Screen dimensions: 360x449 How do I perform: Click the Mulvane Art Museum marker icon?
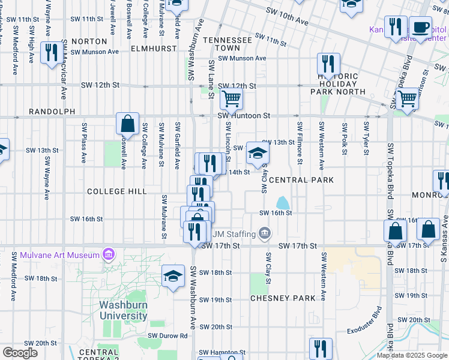[x=109, y=256]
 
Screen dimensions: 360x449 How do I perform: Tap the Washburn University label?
[x=123, y=310]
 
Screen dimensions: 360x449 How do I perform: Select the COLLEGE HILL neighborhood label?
[x=116, y=191]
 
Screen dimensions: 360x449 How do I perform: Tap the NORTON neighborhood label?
[x=89, y=41]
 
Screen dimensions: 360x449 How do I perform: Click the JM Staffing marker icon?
[x=265, y=233]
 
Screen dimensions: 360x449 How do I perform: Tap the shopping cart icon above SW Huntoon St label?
[x=231, y=98]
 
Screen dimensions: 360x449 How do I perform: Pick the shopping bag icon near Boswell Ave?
[x=128, y=124]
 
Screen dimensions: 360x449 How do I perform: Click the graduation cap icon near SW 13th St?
[x=258, y=153]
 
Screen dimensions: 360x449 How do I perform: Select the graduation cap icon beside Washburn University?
[x=173, y=276]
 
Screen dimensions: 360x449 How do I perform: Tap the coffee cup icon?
[x=421, y=26]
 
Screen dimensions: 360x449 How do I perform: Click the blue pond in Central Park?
[x=282, y=203]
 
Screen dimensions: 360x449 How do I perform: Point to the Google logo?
[x=20, y=353]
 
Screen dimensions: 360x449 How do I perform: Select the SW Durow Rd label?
[x=168, y=336]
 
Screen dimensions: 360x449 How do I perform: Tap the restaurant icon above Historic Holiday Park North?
[x=328, y=63]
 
